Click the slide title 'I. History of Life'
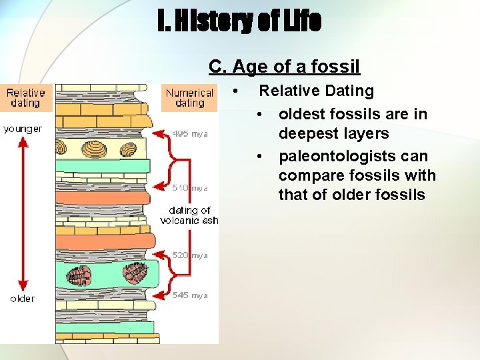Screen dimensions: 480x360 (x=239, y=21)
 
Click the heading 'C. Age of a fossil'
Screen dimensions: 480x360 (x=284, y=67)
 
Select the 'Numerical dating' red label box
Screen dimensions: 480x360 (x=189, y=98)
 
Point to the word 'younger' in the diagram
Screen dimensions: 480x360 (x=23, y=129)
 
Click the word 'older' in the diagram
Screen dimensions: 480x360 (x=23, y=298)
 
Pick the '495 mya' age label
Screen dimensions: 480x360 (x=190, y=134)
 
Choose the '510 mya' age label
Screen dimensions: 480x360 (x=190, y=188)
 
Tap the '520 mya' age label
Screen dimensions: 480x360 (x=190, y=255)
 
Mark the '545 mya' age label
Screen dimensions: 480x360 (x=190, y=295)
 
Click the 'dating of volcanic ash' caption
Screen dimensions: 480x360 (x=189, y=215)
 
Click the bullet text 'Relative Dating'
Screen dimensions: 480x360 (x=316, y=91)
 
